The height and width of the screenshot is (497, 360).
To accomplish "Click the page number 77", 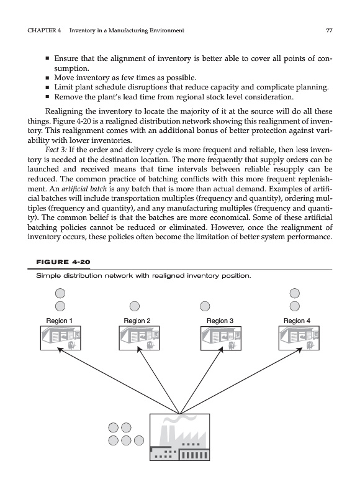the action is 329,30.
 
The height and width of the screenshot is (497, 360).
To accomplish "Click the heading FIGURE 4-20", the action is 63,262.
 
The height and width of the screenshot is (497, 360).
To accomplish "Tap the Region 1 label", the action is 59,321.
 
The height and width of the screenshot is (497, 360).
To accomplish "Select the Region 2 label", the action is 137,321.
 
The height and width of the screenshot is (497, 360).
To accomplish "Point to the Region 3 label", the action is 220,321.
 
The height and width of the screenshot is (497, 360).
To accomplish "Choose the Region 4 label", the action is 297,321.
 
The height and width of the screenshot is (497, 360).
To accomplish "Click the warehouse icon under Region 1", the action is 60,338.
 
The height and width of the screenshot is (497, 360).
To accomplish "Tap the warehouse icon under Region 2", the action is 139,338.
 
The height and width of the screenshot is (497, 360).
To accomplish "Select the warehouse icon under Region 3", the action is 221,338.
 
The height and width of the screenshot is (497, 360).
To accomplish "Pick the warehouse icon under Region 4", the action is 299,338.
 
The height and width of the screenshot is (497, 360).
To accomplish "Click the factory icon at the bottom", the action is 179,437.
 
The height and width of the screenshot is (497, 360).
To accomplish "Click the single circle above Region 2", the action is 135,306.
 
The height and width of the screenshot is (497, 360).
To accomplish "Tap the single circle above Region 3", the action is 205,306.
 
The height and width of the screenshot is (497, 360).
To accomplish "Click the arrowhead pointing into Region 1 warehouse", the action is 59,349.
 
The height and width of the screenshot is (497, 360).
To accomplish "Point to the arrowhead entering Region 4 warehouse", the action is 299,349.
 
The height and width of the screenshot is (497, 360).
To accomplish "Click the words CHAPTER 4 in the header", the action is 44,30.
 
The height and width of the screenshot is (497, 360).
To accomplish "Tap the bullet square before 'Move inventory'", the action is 47,78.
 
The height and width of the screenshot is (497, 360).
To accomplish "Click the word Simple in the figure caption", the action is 48,276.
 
